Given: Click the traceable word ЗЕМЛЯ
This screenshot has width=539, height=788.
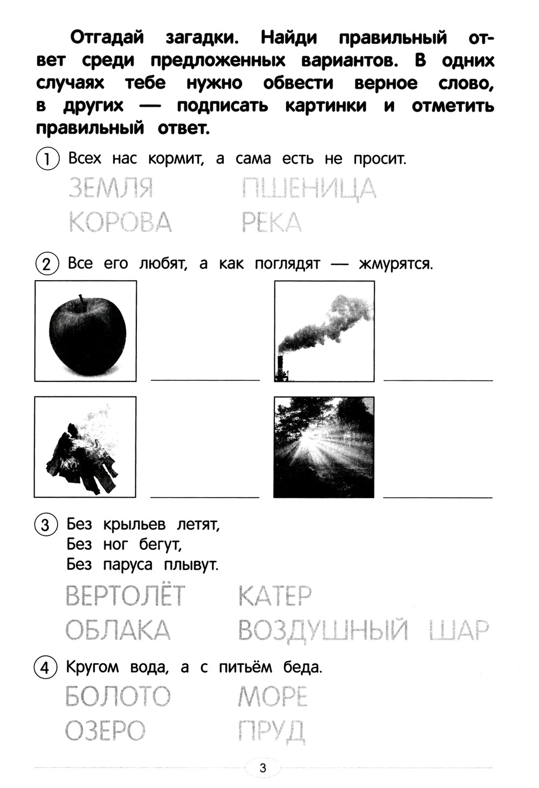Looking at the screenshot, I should point(111,188).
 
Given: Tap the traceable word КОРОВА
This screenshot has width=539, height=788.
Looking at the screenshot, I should point(120,222).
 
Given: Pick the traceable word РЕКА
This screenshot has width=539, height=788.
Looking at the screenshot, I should point(271,222).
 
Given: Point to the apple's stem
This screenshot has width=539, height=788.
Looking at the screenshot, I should point(81,301).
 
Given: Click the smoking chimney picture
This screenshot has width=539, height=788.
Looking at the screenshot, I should point(324,331).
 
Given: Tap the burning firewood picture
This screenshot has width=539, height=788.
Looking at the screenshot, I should point(85,447).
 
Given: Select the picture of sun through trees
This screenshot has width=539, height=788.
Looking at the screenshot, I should point(323,447).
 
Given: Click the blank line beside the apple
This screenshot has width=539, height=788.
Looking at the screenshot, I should point(205,379).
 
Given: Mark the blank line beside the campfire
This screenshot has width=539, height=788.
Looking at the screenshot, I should point(204,496).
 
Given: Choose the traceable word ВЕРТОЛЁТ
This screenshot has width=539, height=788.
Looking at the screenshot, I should point(125,596).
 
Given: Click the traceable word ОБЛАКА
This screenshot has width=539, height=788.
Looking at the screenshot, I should point(118,630).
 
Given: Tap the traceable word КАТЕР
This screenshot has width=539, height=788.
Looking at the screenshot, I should point(274,596).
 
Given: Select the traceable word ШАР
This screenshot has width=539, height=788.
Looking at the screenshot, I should point(459,630).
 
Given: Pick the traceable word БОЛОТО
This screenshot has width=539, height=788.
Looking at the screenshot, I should point(118,696).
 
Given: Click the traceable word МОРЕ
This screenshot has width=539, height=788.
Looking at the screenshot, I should point(272,696).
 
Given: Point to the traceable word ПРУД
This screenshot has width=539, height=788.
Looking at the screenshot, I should point(271,731).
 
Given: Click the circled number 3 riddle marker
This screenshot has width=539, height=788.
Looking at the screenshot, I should point(45,525).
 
